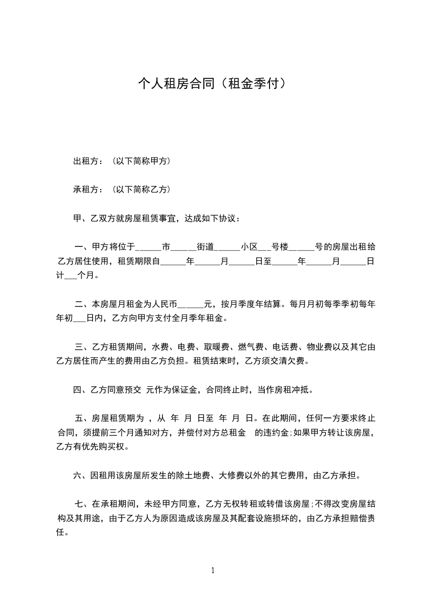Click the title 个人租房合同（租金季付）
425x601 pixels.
(212, 84)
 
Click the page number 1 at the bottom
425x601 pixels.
(213, 570)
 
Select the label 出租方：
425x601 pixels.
(88, 161)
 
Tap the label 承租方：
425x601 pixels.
(88, 190)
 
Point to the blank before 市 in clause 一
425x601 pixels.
(150, 248)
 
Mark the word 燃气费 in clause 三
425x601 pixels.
(252, 348)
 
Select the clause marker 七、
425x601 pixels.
(81, 504)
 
